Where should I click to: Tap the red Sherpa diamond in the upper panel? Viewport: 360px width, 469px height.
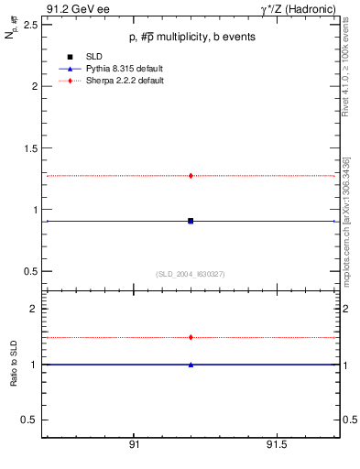tap(191, 175)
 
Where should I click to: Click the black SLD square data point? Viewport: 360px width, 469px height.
tap(191, 221)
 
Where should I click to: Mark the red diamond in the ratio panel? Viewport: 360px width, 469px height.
tap(191, 337)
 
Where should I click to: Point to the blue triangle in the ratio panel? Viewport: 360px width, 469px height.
tap(191, 365)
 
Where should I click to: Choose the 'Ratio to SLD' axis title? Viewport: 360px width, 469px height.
tap(16, 365)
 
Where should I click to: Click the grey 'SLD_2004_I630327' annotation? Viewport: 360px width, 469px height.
tap(191, 274)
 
